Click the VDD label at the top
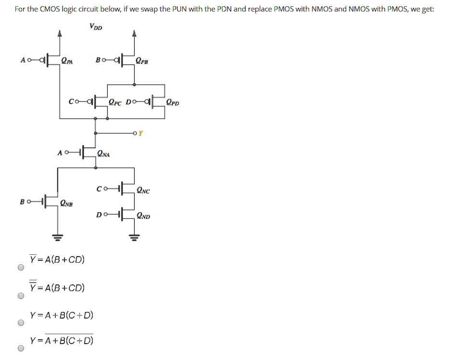(96, 27)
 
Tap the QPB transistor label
(142, 61)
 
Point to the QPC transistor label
(116, 102)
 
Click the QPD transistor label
(173, 102)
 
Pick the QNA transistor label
(103, 154)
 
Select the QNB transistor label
(66, 204)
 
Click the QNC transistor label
(143, 191)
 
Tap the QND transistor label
(143, 216)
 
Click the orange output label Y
(140, 133)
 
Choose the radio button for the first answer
(20, 268)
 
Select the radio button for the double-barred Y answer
(20, 296)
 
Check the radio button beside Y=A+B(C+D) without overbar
(20, 323)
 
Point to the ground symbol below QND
(134, 237)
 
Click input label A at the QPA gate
(23, 60)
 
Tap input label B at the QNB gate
(23, 202)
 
